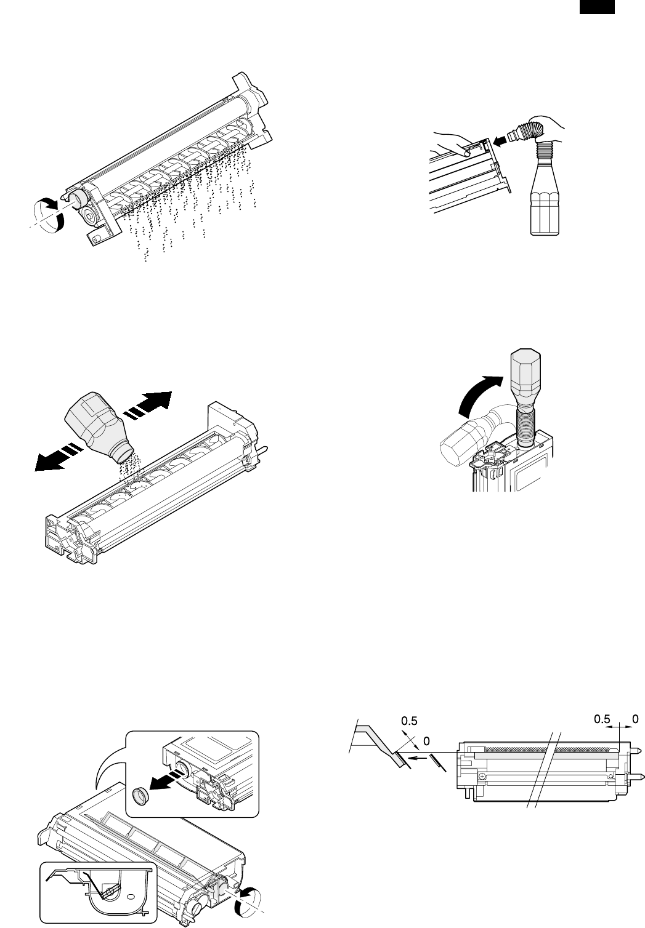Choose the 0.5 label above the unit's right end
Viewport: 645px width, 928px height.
tap(604, 718)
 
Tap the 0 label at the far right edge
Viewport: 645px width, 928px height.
tap(636, 718)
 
